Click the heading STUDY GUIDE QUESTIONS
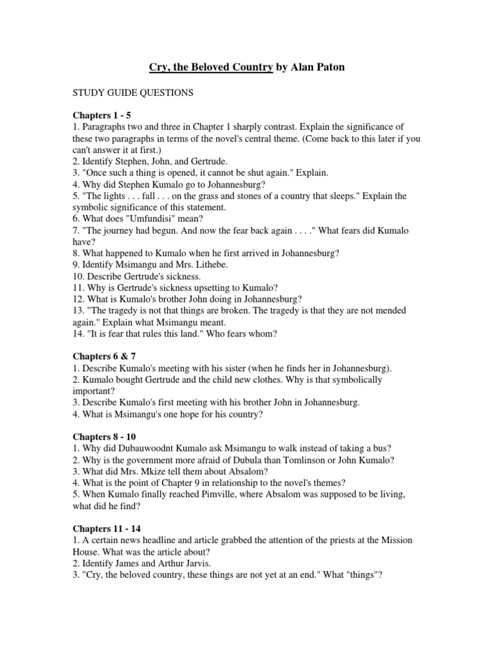click(133, 93)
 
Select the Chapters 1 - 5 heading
click(102, 115)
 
